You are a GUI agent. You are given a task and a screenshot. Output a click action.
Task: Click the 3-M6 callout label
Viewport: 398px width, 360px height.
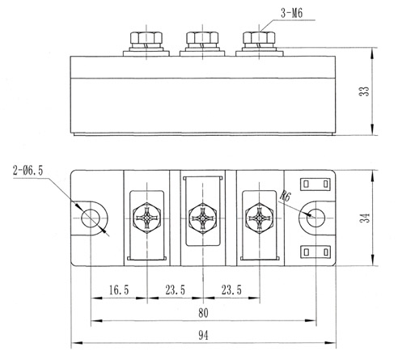click(x=292, y=13)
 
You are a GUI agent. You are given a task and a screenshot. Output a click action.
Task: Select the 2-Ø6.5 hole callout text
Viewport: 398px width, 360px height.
click(x=28, y=171)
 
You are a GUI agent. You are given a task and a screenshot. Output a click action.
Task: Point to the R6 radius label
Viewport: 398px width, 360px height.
click(x=285, y=196)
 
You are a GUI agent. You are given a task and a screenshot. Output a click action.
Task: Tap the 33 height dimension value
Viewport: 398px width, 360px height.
click(x=364, y=91)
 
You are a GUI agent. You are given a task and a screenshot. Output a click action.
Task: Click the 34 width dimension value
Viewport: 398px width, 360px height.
click(x=364, y=218)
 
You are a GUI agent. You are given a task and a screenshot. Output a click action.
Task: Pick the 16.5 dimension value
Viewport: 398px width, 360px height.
click(x=119, y=290)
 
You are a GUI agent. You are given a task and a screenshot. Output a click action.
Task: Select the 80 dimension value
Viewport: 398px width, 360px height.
click(x=203, y=313)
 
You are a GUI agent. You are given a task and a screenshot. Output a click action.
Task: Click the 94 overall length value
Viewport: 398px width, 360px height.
click(x=203, y=336)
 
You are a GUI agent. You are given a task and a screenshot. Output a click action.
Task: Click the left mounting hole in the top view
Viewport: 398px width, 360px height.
click(x=91, y=218)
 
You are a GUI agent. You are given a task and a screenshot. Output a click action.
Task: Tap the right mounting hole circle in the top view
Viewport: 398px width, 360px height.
click(x=315, y=218)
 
